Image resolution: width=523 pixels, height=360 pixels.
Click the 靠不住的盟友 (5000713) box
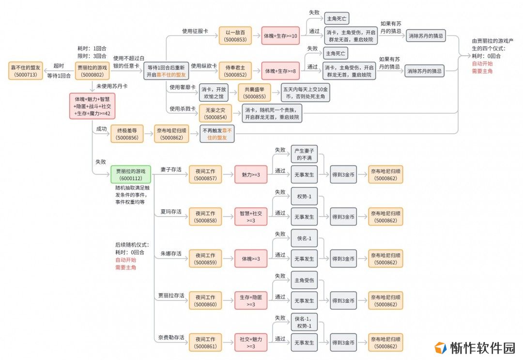coord(25,71)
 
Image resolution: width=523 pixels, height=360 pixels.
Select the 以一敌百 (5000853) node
coord(235,36)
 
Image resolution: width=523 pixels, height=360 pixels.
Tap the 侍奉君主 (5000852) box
coord(235,71)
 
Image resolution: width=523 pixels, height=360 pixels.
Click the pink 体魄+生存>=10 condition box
coord(280,36)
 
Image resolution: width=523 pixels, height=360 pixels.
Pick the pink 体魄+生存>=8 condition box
coord(280,71)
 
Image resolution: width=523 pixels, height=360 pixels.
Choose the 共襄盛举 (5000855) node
coord(254,93)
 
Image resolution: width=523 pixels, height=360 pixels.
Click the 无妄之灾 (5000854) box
coord(215,113)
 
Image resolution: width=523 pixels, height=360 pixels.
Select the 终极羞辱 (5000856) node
coord(127,134)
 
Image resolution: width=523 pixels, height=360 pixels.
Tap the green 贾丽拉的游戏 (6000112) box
coord(131,174)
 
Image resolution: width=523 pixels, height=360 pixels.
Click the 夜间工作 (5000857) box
coord(205,174)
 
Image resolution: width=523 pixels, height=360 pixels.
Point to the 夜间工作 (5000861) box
coord(205,343)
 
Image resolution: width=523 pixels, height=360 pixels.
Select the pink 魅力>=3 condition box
coord(251,174)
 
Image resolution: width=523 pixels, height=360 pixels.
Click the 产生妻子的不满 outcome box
coord(304,154)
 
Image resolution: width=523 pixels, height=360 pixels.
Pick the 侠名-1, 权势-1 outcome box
coord(304,322)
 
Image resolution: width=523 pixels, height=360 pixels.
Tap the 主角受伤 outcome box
coord(304,280)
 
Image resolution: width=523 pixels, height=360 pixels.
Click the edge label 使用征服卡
coord(195,31)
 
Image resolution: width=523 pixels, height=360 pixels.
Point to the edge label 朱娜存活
coord(171,253)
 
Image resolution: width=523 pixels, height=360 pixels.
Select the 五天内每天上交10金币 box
coord(305,93)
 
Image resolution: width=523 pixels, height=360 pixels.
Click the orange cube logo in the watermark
coord(440,348)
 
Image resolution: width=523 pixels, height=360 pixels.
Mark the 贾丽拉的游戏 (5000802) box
coord(92,71)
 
